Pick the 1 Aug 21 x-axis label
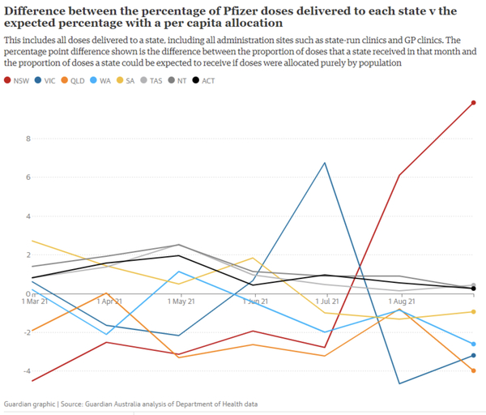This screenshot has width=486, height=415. click(x=400, y=300)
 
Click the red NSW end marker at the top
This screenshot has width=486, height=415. click(x=473, y=103)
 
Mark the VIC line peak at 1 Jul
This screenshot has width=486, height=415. click(x=326, y=163)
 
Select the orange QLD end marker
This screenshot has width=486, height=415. click(x=473, y=370)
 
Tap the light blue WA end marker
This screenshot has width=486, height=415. click(x=473, y=344)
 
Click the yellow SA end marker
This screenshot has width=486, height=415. click(x=473, y=312)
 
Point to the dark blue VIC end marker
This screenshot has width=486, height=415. click(x=473, y=356)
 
